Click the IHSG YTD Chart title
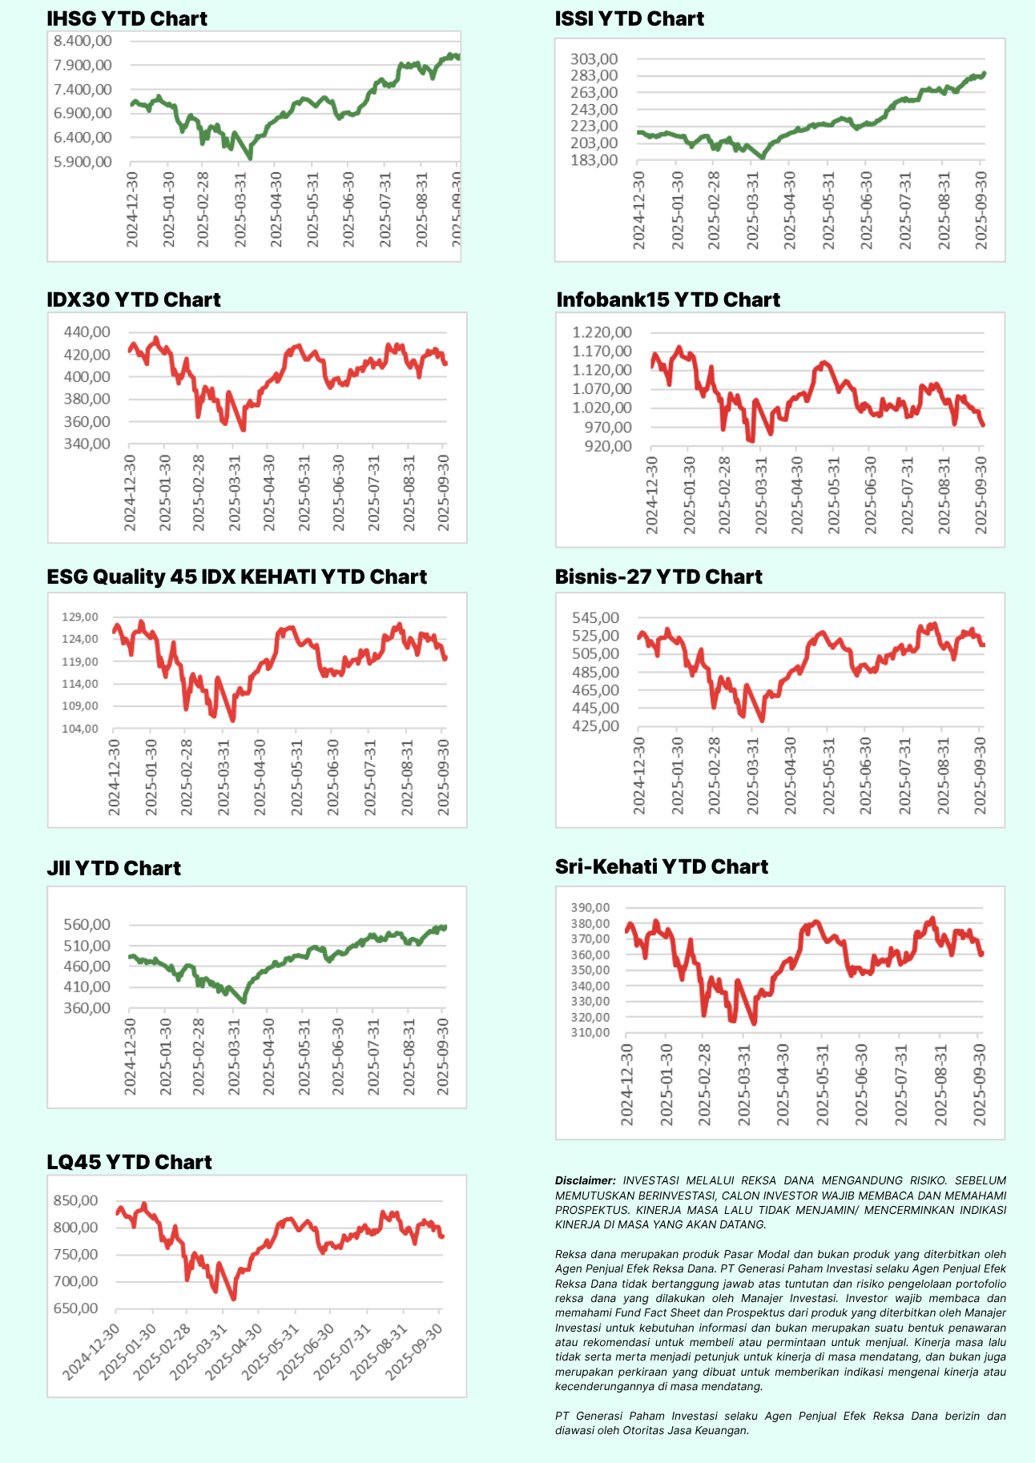point(127,18)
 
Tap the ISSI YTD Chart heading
point(629,18)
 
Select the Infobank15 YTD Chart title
point(667,299)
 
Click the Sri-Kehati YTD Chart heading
point(661,866)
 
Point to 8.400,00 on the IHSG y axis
point(83,41)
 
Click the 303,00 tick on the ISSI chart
point(594,58)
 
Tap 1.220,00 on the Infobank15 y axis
point(602,332)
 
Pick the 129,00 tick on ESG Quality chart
point(80,617)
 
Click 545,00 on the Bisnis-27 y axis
point(595,617)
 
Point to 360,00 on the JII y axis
point(87,1007)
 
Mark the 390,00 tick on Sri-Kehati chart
point(590,907)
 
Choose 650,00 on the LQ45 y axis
point(75,1308)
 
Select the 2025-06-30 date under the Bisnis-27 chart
point(866,776)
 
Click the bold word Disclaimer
point(585,1180)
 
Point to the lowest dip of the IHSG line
point(250,159)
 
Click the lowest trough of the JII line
point(244,1001)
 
